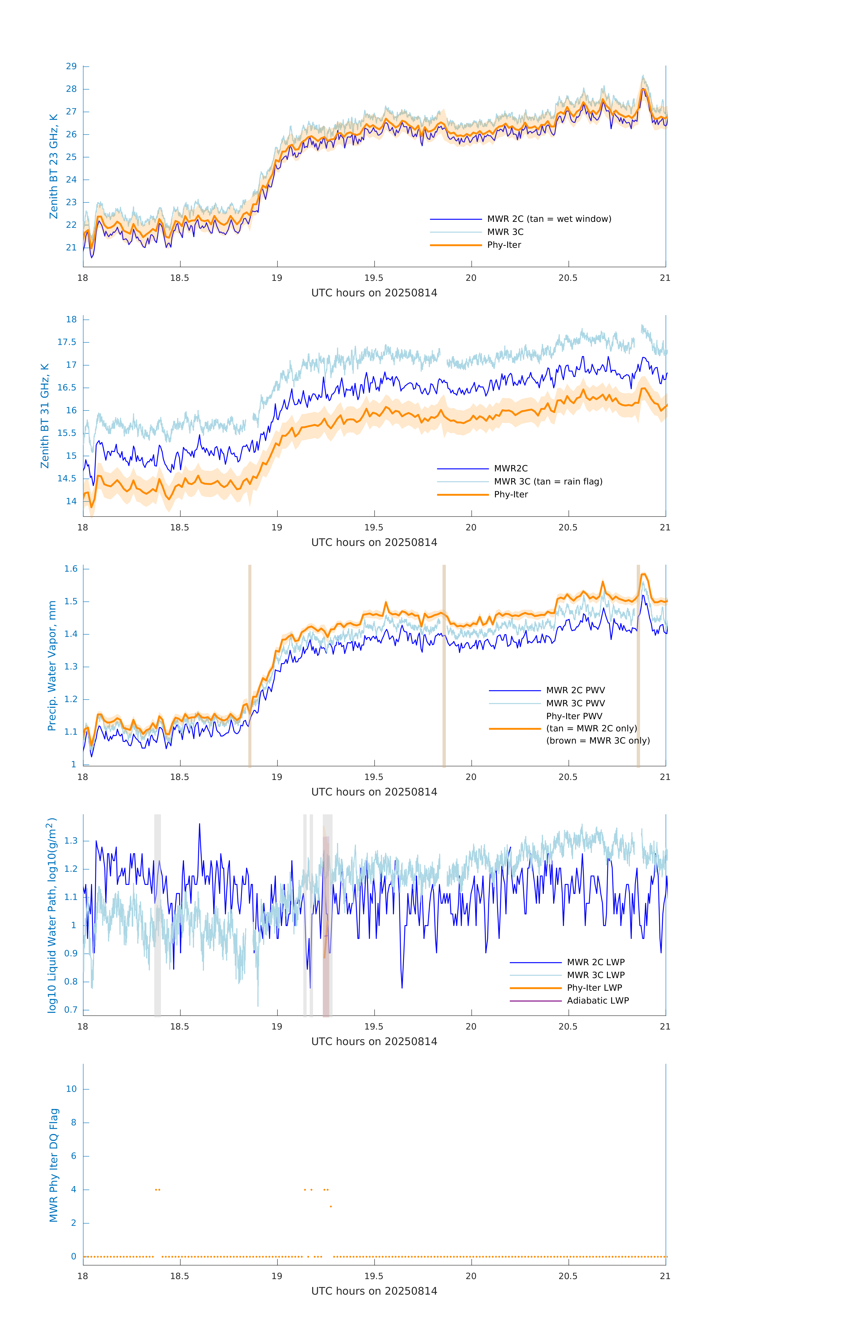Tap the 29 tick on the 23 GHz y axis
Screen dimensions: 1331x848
71,66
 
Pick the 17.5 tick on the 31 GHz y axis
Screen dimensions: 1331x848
67,342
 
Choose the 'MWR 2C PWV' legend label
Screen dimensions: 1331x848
575,690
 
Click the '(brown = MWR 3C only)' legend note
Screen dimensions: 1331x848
598,741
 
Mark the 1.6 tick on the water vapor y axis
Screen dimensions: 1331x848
71,569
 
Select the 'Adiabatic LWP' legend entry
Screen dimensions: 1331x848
598,1000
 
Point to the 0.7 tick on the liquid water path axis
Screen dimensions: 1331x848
71,1010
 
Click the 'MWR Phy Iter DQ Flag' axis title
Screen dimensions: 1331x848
54,1165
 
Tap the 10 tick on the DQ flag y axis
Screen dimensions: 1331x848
71,1089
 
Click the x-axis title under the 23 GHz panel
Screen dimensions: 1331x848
374,293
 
